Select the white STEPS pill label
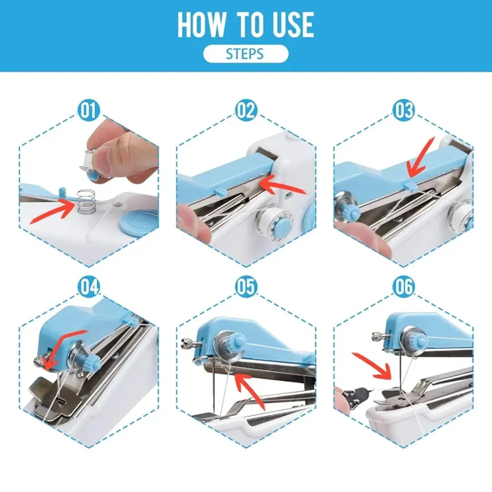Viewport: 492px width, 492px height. [x=246, y=54]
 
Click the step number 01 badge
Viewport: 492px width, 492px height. [x=89, y=111]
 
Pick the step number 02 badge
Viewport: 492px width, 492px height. [x=246, y=111]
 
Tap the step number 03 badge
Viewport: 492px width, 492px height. [x=404, y=111]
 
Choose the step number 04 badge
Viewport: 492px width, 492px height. [x=89, y=287]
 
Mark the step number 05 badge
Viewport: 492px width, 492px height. [x=246, y=287]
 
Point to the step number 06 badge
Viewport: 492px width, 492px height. [x=404, y=287]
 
